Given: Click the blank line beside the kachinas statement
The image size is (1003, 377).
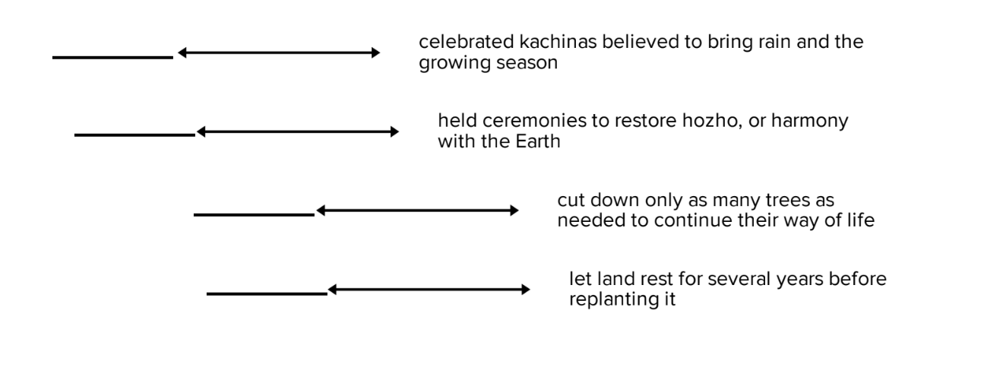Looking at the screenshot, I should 112,57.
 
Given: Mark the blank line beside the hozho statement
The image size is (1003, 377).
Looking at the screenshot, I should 134,135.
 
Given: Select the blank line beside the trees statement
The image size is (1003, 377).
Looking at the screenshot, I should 254,214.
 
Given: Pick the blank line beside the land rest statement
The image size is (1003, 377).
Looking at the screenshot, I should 266,293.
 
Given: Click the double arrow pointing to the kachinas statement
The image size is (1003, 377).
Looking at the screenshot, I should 278,52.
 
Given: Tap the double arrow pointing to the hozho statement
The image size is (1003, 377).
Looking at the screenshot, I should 297,131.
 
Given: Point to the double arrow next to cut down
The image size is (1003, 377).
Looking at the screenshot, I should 417,211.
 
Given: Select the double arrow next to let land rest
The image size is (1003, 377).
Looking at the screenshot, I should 429,290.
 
